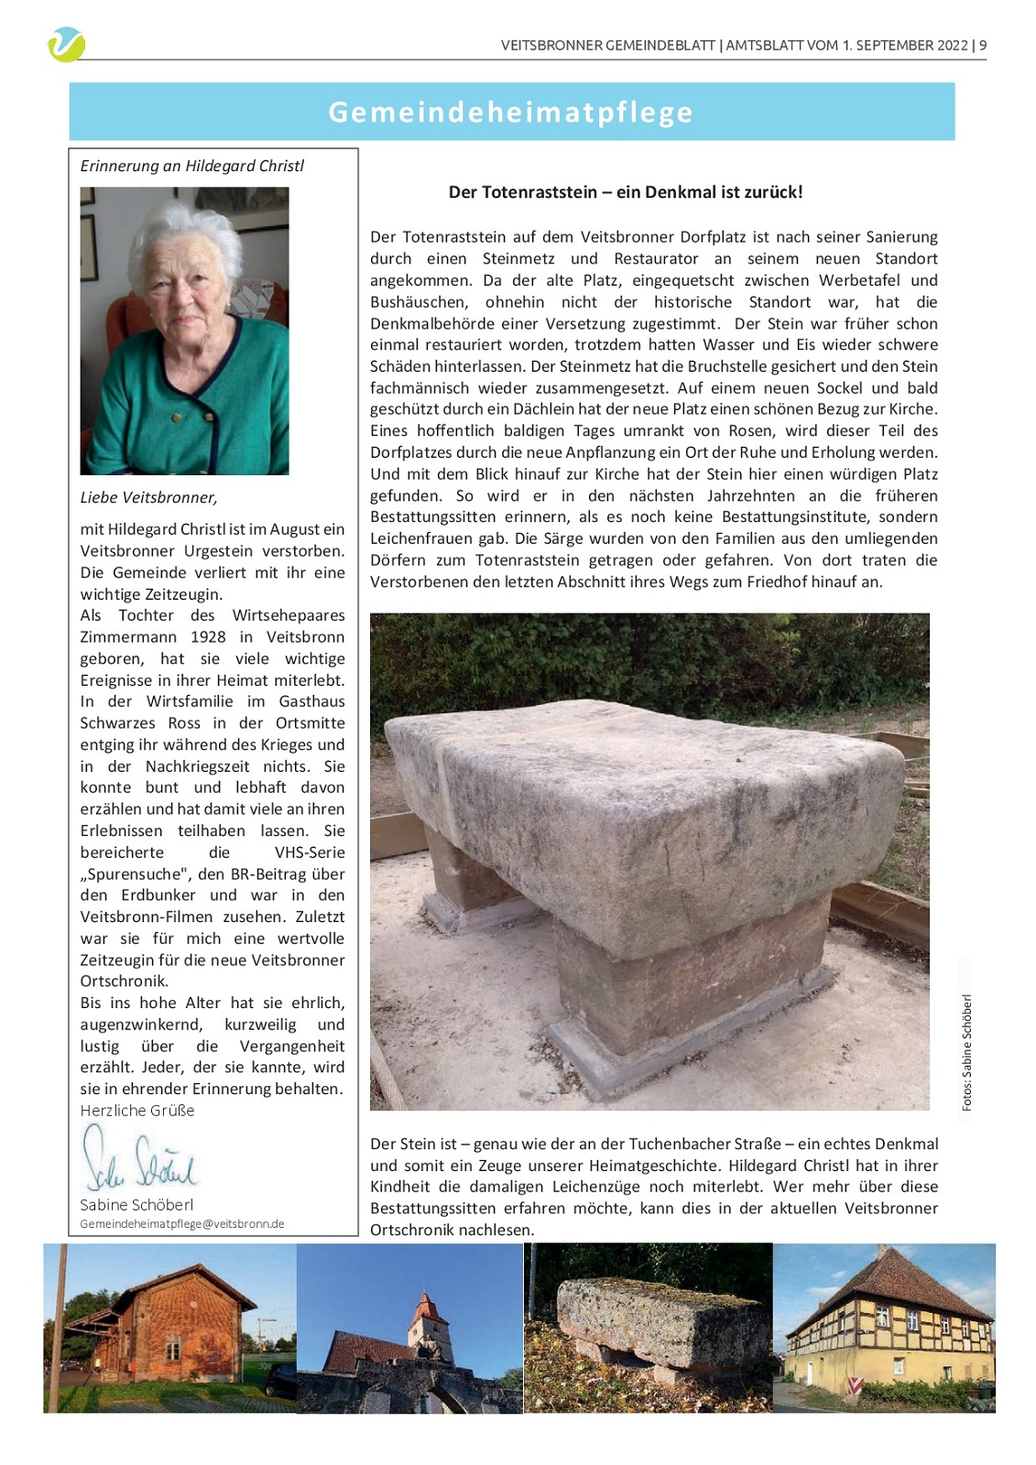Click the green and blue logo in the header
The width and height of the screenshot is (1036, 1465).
(x=66, y=44)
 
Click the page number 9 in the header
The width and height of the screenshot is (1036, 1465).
(x=983, y=45)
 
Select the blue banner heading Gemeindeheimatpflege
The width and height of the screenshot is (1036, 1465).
(x=511, y=112)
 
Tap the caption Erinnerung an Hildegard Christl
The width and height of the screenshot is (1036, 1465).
(x=191, y=166)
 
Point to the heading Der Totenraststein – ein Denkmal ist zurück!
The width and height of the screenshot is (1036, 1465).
(x=626, y=192)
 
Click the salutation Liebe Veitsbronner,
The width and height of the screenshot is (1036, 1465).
(x=148, y=497)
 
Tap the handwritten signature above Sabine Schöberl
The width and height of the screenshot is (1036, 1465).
(x=139, y=1160)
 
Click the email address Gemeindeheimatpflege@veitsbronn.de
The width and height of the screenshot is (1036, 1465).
(x=182, y=1224)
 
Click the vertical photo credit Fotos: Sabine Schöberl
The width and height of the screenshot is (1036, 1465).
(x=966, y=1052)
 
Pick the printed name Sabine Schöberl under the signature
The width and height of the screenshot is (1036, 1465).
(x=136, y=1205)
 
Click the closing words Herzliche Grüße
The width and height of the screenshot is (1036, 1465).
(x=137, y=1111)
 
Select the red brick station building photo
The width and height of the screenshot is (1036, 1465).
(x=170, y=1328)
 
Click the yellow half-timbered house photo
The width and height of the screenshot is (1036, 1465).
(x=884, y=1328)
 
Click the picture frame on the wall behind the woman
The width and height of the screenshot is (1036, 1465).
(x=89, y=247)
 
